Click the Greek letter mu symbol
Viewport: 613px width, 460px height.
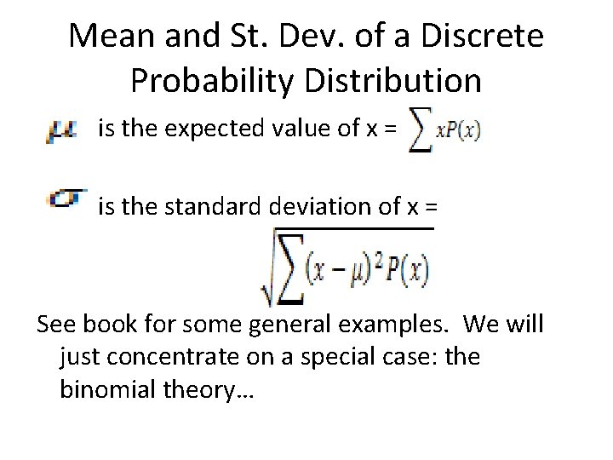62,130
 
